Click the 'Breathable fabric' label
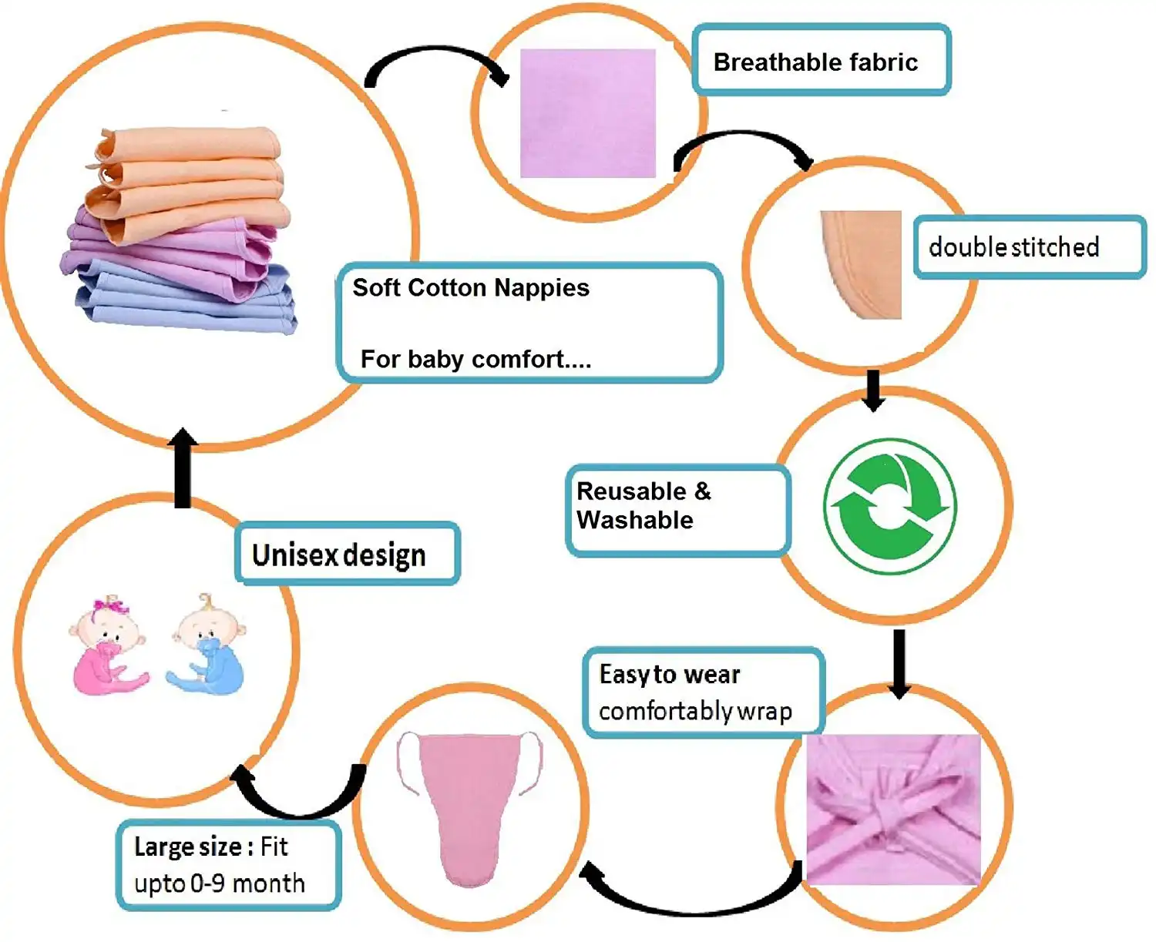tap(821, 60)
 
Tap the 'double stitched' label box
tap(1030, 247)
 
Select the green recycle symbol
tap(889, 506)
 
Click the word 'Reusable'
tap(631, 491)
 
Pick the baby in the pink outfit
tap(109, 645)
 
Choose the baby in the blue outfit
tap(207, 644)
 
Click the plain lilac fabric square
tap(587, 113)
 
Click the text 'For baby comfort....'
tap(476, 360)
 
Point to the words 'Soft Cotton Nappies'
tap(471, 288)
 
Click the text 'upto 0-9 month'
tap(219, 883)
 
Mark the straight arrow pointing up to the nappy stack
tap(183, 467)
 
